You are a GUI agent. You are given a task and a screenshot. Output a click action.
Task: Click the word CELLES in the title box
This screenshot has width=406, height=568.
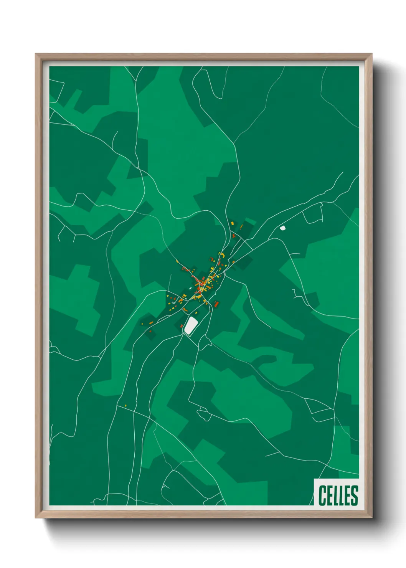point(338,495)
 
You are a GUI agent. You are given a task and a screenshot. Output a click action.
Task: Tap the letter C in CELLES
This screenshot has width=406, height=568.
point(322,495)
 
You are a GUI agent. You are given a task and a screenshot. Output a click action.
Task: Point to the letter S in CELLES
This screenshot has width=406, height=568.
point(354,495)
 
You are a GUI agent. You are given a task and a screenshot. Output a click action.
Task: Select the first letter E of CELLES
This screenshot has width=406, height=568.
point(329,495)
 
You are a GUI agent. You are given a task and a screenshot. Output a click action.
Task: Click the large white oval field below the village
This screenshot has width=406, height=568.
point(191,325)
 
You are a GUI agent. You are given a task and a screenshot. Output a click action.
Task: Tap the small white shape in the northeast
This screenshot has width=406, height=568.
point(283,228)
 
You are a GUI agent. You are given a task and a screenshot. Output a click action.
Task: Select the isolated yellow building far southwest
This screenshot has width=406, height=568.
point(125,405)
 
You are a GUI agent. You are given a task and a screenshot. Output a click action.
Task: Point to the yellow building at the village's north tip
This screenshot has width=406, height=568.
point(232,223)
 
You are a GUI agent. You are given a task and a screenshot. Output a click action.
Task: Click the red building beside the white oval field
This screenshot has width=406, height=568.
point(182,326)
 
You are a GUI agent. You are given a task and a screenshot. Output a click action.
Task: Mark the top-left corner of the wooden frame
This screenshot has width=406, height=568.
point(36,54)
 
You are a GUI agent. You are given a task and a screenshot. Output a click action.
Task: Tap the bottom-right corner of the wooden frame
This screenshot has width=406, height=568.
point(371,518)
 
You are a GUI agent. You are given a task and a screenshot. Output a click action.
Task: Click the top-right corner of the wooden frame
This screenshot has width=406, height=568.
point(371,54)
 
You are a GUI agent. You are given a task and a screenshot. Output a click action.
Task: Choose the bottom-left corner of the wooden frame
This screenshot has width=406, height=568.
point(36,518)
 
